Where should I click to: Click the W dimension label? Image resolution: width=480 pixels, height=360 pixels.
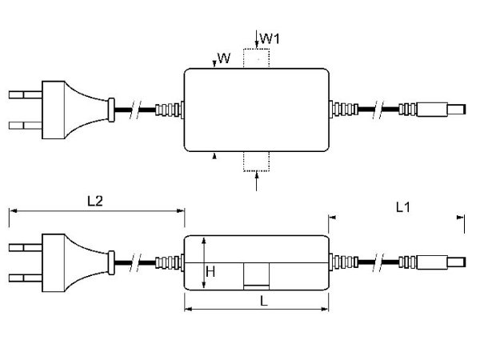click(224, 58)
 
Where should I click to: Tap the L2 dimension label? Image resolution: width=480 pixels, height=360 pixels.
click(94, 201)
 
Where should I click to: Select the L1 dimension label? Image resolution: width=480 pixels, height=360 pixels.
click(403, 207)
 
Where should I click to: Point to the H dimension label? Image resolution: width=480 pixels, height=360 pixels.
click(210, 272)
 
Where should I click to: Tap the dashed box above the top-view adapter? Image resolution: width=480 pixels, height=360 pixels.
click(257, 59)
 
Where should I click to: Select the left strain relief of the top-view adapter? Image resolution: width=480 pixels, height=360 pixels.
click(169, 110)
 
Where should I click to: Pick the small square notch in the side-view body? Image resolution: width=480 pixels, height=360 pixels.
click(256, 277)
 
